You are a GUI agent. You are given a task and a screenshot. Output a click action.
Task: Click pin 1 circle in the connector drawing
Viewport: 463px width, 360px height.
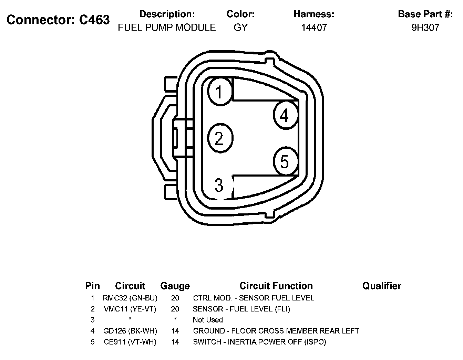pos(220,92)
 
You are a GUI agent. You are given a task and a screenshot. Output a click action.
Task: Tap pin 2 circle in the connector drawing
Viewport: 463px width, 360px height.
pos(220,138)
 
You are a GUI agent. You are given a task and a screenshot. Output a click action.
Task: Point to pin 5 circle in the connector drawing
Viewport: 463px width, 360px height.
pos(285,161)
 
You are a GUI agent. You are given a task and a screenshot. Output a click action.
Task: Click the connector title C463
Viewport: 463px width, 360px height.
pos(58,20)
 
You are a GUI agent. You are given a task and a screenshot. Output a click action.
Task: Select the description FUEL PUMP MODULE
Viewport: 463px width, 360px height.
pos(167,28)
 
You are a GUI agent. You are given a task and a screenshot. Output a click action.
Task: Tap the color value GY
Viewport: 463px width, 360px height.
pos(240,28)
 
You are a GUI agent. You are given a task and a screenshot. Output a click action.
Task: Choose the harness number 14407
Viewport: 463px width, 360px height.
pos(314,28)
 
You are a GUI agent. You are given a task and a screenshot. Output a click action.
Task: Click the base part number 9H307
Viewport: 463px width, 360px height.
pos(425,28)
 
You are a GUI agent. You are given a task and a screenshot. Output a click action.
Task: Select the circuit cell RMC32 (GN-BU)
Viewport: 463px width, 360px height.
pos(130,298)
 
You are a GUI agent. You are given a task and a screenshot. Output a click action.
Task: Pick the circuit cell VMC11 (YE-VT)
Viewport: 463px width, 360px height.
pos(130,309)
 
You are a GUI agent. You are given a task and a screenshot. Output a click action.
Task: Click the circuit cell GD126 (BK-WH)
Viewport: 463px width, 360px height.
pos(130,331)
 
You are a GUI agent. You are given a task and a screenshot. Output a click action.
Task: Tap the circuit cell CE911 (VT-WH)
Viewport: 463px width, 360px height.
pos(130,342)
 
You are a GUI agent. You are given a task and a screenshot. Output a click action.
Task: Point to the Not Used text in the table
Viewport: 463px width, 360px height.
pos(208,320)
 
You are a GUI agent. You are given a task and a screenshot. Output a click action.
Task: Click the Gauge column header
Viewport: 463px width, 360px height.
pos(175,286)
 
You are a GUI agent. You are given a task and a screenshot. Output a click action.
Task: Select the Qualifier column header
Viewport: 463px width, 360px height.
pos(382,286)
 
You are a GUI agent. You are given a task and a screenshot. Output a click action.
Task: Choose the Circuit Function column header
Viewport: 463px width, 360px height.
pos(276,286)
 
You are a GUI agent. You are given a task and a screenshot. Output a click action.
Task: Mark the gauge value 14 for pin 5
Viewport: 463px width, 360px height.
pos(175,342)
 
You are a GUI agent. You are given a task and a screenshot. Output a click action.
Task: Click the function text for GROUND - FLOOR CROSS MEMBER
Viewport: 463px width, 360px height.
pos(276,331)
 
